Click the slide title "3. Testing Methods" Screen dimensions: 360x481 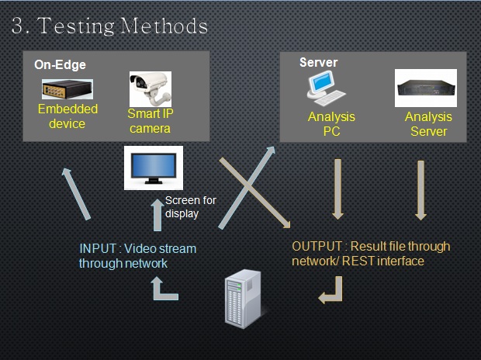pyautogui.click(x=110, y=26)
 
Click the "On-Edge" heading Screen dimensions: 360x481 pyautogui.click(x=60, y=65)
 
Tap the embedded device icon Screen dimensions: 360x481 pyautogui.click(x=67, y=89)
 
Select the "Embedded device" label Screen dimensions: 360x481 pyautogui.click(x=67, y=116)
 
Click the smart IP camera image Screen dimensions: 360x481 pyautogui.click(x=150, y=88)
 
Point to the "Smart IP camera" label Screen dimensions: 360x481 pyautogui.click(x=150, y=121)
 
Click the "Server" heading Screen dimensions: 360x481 pyautogui.click(x=318, y=62)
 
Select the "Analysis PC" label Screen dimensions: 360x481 pyautogui.click(x=331, y=124)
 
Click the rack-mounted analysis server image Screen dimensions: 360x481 pyautogui.click(x=426, y=88)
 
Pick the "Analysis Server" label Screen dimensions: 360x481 pyautogui.click(x=428, y=124)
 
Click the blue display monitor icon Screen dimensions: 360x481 pyautogui.click(x=153, y=168)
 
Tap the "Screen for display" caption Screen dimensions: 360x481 pyautogui.click(x=190, y=206)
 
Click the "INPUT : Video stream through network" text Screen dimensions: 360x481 pyautogui.click(x=137, y=255)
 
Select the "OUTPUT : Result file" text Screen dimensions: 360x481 pyautogui.click(x=370, y=254)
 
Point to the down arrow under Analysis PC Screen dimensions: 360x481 pyautogui.click(x=338, y=189)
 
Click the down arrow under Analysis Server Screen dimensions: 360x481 pyautogui.click(x=420, y=189)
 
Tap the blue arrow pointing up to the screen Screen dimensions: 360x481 pyautogui.click(x=157, y=216)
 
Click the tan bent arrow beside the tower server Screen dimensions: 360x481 pyautogui.click(x=331, y=289)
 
